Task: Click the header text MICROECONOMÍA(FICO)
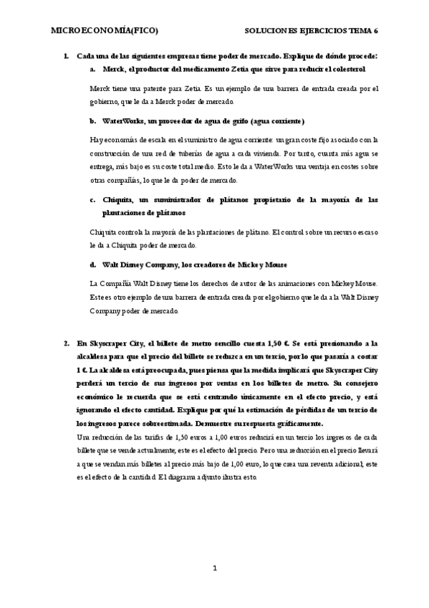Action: pos(105,31)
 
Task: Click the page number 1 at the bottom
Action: pos(214,569)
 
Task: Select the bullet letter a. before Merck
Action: pos(93,70)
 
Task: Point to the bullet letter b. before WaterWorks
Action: pos(93,121)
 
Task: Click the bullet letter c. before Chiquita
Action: pos(93,199)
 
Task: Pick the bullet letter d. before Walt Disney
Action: pos(93,264)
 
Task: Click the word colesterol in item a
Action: pos(346,70)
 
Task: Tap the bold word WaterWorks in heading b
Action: pos(127,121)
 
